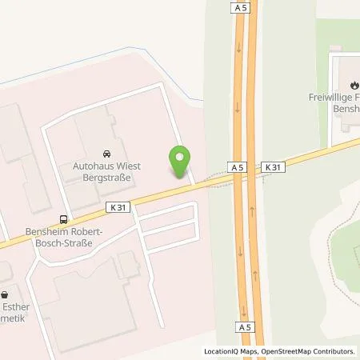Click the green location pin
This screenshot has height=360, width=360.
(x=180, y=162)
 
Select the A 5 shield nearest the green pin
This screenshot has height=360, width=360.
(x=236, y=167)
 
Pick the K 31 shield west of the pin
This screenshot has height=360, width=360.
(x=118, y=206)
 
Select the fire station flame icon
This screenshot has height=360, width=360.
(x=354, y=83)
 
